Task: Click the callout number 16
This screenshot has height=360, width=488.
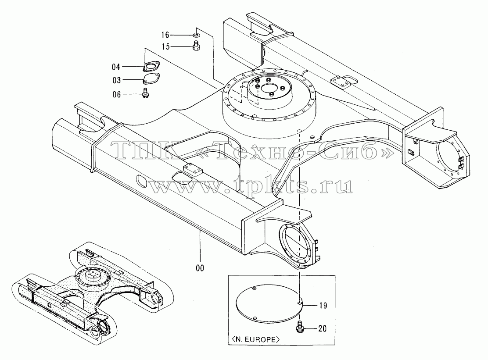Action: tap(165, 35)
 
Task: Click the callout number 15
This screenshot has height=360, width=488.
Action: tap(165, 46)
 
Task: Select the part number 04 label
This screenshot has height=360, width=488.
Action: tap(116, 67)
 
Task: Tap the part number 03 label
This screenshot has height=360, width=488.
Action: tap(116, 80)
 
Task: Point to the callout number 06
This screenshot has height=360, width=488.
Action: tap(116, 94)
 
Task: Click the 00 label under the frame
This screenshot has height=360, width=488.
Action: tap(200, 268)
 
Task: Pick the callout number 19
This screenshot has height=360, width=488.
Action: tap(323, 306)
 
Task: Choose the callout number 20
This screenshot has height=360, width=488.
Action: tap(323, 328)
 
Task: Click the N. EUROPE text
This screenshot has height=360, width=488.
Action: tap(254, 339)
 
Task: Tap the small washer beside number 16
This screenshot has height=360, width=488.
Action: tap(196, 35)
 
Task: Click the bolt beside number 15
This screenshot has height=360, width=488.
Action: tap(196, 46)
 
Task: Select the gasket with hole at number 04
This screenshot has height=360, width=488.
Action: tap(151, 67)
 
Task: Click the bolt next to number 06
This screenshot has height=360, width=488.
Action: tap(145, 93)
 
